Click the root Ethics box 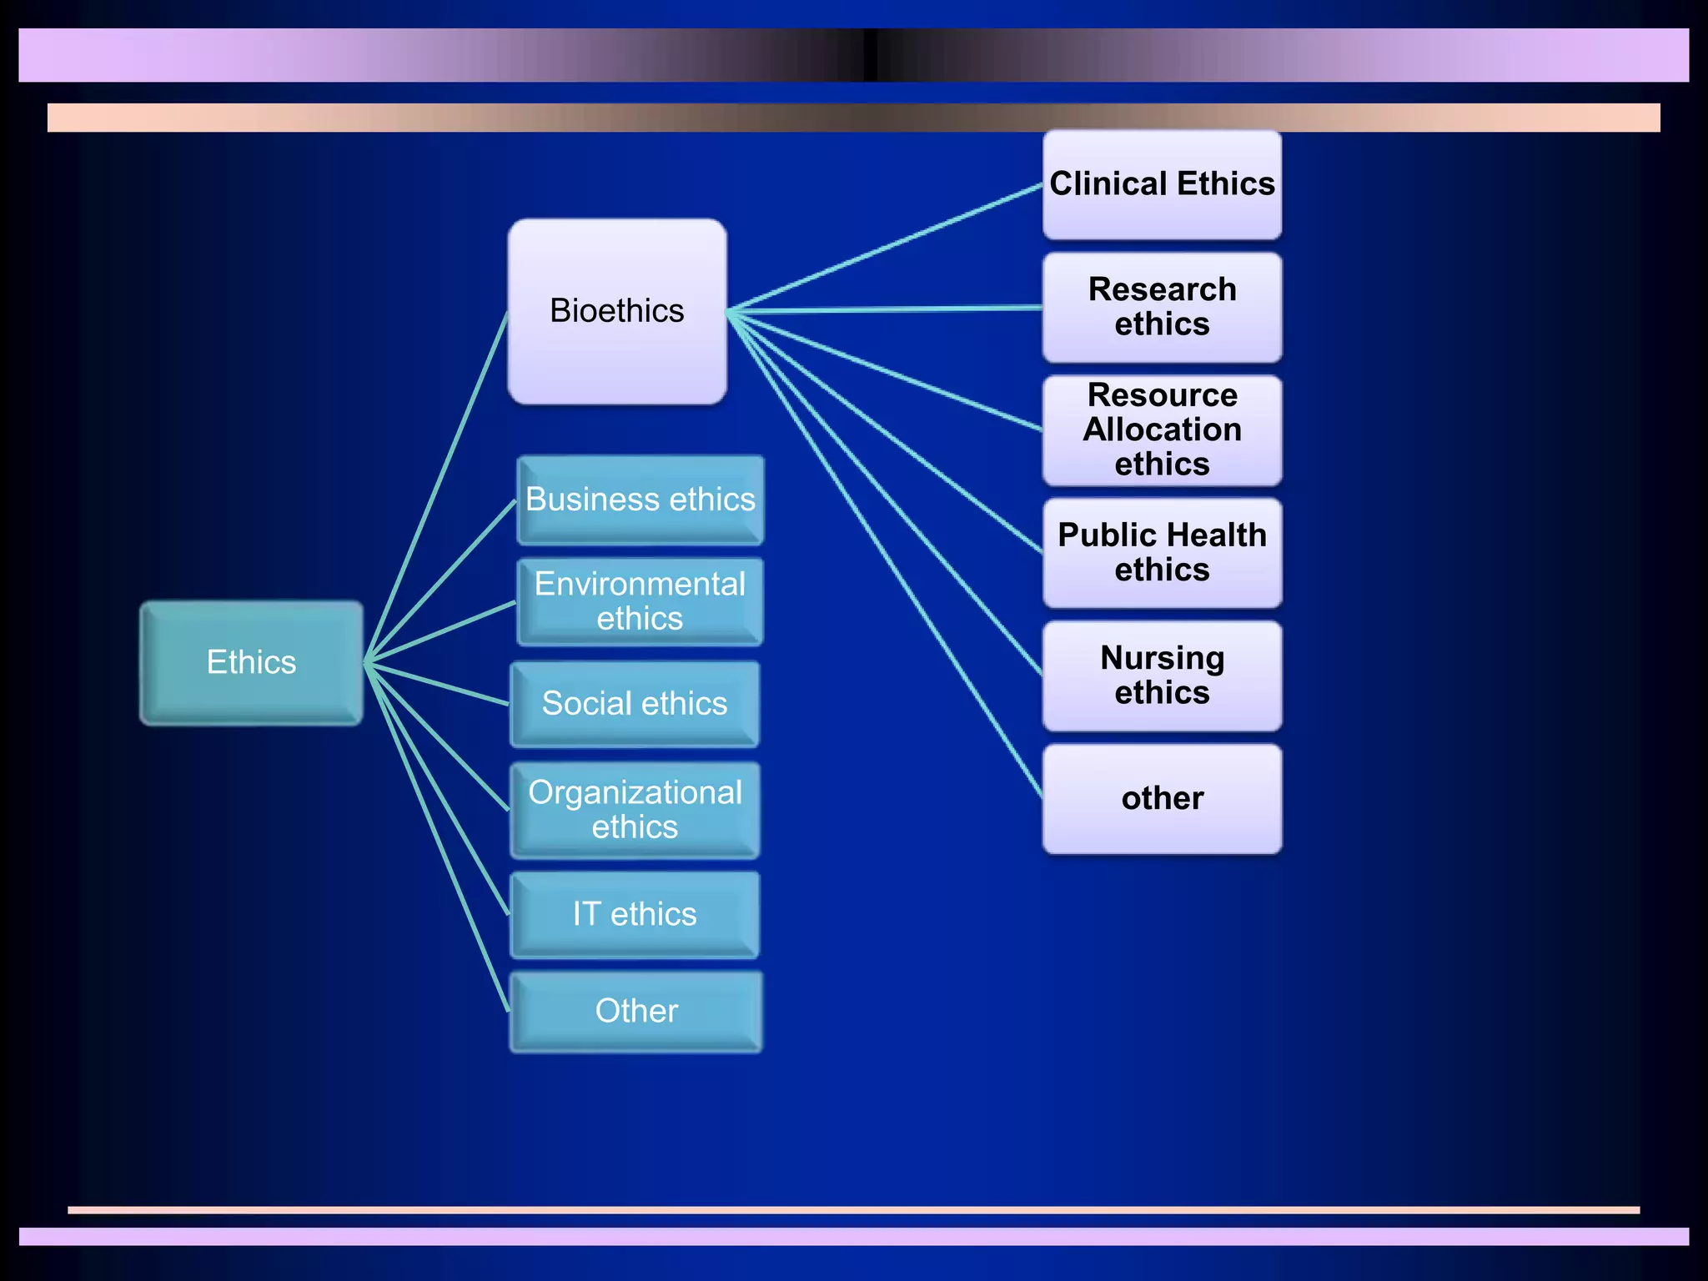[251, 662]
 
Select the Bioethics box [617, 311]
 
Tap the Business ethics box [640, 500]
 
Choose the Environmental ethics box [640, 601]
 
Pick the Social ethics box [635, 704]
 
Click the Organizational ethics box [635, 810]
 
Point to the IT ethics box [635, 915]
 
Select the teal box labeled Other [635, 1011]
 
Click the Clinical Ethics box [1162, 184]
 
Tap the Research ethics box [1162, 307]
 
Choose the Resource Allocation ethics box [1162, 430]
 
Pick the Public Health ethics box [1162, 553]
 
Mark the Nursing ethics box [1162, 676]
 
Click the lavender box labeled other [1162, 799]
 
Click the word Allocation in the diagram [1162, 430]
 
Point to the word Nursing [1162, 658]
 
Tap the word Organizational [635, 792]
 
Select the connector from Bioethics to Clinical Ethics [884, 248]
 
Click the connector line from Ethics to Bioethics [436, 488]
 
